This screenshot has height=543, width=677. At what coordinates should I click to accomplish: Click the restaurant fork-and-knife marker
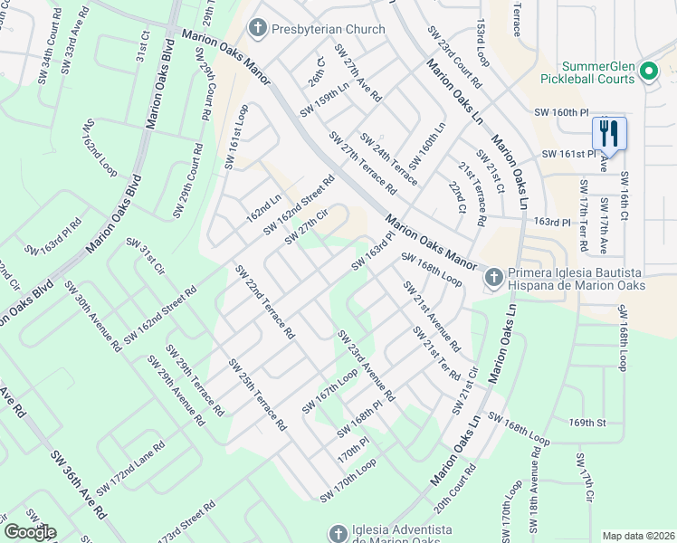(608, 135)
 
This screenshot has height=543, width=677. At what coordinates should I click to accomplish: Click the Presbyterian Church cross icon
(258, 29)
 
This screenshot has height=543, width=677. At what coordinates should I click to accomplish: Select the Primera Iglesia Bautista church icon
(493, 277)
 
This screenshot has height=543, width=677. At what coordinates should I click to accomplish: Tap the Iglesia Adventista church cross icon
(338, 534)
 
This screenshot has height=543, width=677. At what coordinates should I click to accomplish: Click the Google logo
(30, 532)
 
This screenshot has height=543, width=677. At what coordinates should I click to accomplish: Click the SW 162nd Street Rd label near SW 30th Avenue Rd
(160, 316)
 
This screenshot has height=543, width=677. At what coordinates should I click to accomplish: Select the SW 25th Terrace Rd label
(257, 394)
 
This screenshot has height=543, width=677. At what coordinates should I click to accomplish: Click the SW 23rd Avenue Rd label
(366, 366)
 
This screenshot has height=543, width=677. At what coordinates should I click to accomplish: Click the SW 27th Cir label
(305, 226)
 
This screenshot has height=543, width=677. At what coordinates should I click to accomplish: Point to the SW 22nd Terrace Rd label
(264, 301)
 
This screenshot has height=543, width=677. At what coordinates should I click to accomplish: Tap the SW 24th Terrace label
(388, 158)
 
